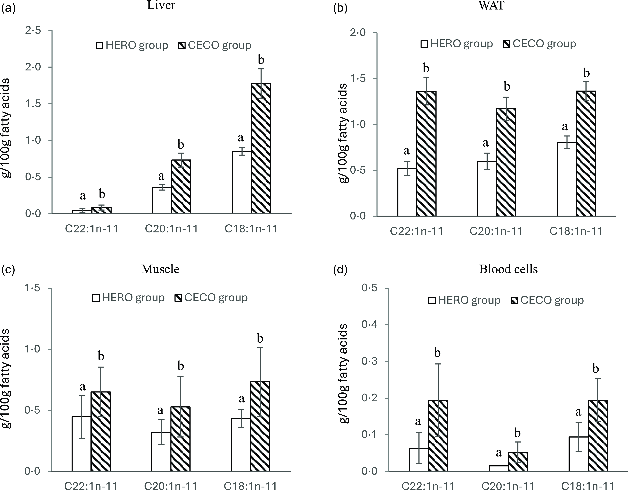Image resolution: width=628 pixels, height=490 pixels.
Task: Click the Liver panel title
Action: [161, 5]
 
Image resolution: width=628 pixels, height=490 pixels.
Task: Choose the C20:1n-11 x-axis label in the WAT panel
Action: [496, 231]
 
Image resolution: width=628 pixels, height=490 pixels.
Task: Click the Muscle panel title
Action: [160, 269]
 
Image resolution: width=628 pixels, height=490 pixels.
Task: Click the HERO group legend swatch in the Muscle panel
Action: [96, 298]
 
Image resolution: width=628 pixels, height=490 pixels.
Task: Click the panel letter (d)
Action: [340, 270]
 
